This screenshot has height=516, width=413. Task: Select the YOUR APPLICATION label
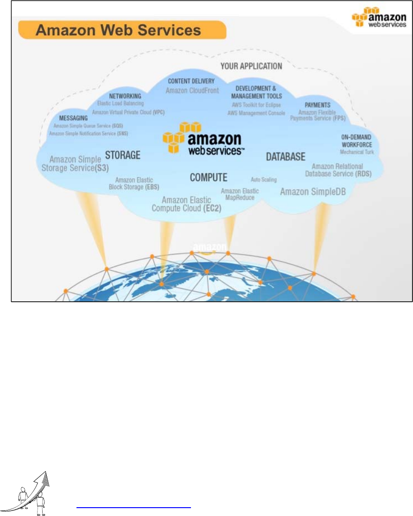251,66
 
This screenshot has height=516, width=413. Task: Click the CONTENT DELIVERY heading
191,81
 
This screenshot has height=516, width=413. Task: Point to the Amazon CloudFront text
192,90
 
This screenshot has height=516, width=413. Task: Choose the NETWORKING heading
125,96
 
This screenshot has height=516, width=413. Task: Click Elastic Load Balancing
121,103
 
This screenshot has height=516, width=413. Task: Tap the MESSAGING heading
73,118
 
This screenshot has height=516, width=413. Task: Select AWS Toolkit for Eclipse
256,105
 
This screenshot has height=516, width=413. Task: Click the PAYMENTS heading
317,105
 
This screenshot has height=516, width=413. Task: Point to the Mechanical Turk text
356,152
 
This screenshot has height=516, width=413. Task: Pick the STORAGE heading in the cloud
122,155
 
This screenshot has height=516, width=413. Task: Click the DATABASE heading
286,157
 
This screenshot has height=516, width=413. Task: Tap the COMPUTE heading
209,177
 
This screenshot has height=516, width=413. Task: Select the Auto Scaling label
263,179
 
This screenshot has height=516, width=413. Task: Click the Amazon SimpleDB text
312,191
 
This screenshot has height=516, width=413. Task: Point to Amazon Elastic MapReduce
240,194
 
